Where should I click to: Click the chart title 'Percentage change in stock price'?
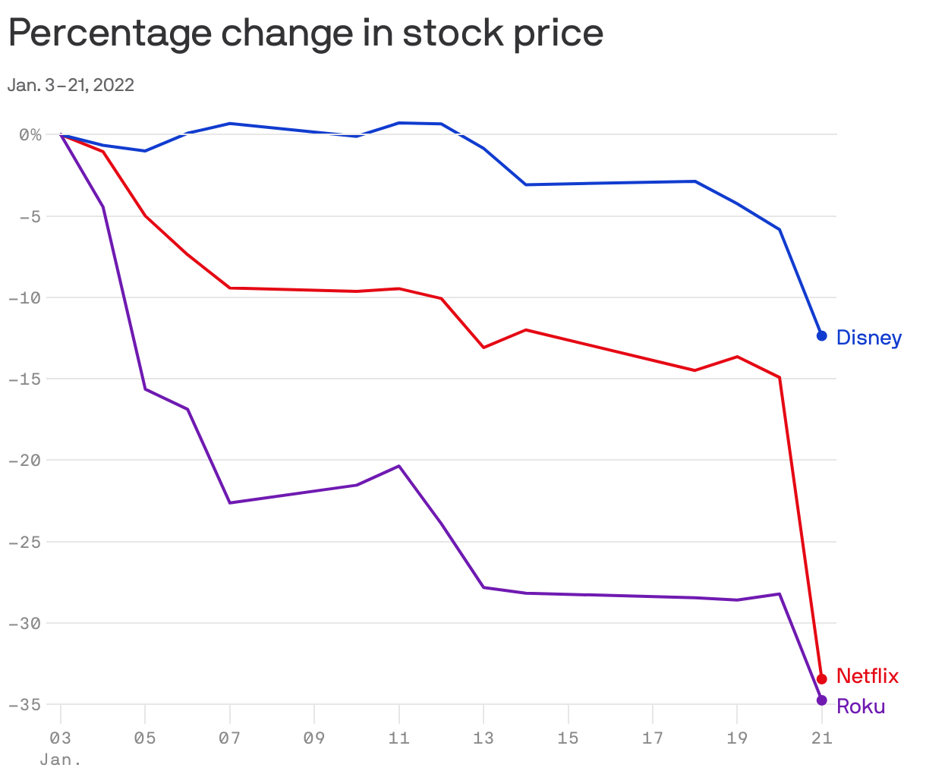305,33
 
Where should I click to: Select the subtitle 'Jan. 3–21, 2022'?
71,85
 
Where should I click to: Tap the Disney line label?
868,338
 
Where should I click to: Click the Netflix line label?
867,675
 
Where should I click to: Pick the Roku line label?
860,706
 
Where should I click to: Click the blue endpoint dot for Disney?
821,335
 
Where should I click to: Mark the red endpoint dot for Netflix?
821,678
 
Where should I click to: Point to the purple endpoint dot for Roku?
821,700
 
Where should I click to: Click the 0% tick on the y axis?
30,134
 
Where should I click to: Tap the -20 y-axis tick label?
25,460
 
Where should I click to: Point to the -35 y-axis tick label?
25,704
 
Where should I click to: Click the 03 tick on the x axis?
61,738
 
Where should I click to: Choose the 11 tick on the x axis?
398,738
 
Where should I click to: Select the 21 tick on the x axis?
820,738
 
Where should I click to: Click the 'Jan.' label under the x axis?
61,759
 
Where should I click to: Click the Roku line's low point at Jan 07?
230,502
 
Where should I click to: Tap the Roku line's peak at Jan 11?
398,466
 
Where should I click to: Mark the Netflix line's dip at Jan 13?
483,348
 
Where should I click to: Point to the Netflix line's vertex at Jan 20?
780,377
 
